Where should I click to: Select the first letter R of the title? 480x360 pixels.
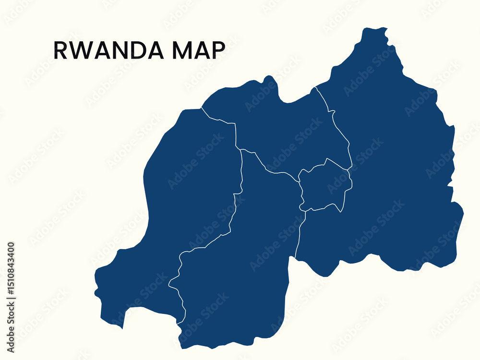click(60, 50)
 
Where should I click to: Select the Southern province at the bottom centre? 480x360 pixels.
click(240, 269)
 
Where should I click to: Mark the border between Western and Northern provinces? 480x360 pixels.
click(218, 120)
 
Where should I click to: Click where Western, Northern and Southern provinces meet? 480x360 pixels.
click(240, 149)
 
